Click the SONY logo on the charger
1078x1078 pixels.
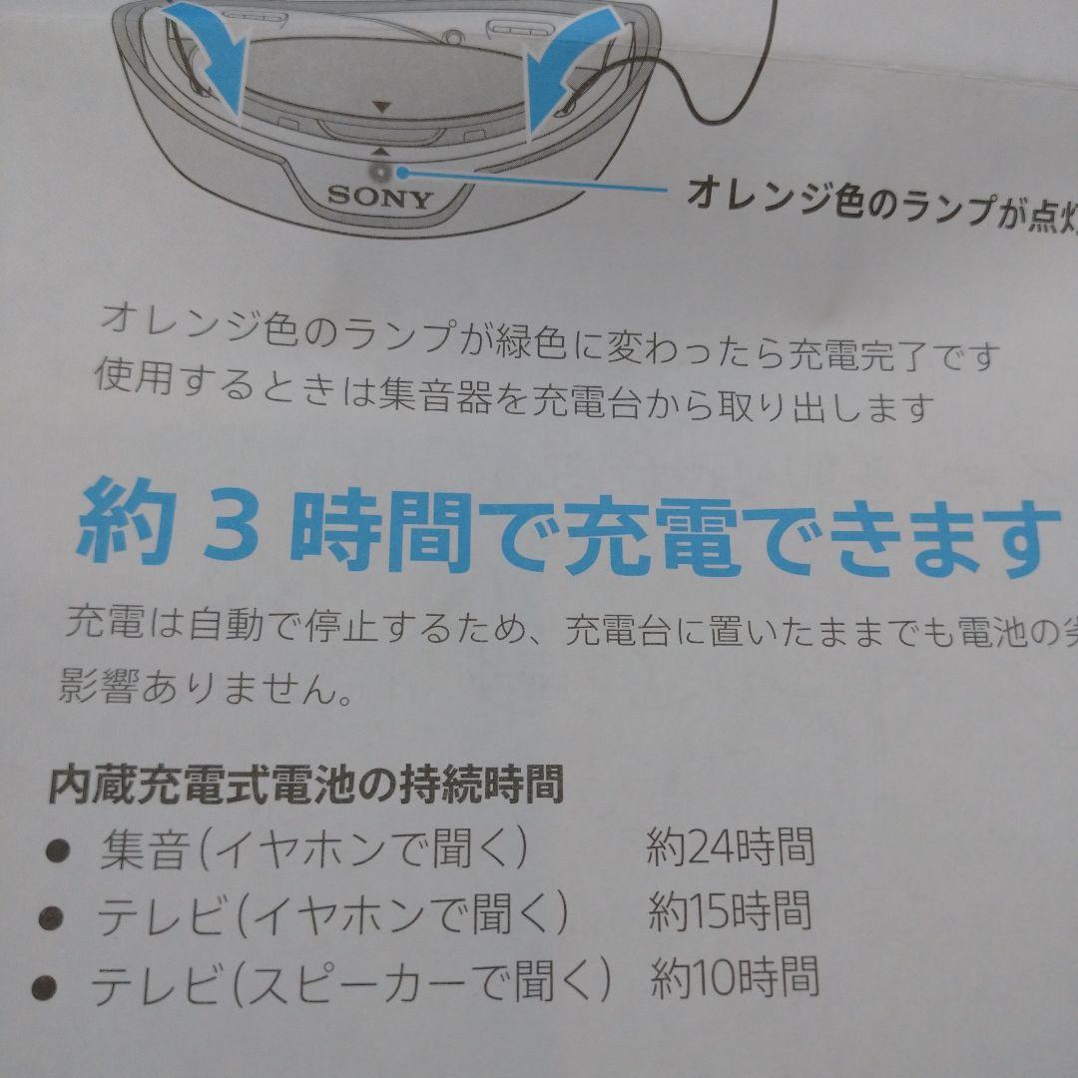[380, 196]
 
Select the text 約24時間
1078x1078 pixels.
[730, 847]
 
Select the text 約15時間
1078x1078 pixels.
[731, 912]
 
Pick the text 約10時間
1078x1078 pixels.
[735, 977]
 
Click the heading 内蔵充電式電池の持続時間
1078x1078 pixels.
[305, 785]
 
